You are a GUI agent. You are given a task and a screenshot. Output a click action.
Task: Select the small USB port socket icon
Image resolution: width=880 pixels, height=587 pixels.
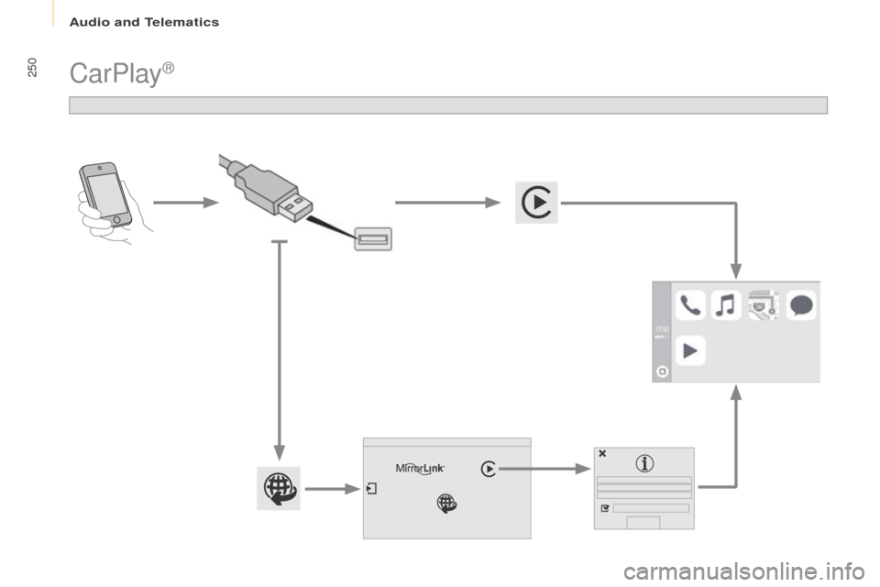(373, 240)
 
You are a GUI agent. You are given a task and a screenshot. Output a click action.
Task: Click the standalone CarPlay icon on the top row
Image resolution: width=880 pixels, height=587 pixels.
(535, 203)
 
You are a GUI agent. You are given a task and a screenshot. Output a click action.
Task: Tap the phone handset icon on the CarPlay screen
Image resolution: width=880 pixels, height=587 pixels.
(691, 305)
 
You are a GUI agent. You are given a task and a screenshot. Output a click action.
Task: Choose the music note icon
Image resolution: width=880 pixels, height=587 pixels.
(725, 305)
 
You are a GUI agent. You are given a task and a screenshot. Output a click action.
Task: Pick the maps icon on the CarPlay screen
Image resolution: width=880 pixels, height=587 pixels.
(763, 305)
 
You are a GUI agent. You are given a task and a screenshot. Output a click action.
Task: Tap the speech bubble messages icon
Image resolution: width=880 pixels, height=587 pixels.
(800, 305)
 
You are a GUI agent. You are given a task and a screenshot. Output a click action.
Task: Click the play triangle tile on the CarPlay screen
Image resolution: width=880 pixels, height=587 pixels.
(691, 349)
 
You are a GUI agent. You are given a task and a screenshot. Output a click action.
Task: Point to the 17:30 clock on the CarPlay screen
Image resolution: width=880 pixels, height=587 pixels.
(662, 328)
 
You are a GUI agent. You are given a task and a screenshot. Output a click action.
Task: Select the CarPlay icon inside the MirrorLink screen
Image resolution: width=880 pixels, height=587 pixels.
(489, 469)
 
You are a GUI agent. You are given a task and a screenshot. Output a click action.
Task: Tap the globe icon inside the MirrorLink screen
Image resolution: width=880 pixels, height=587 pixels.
(446, 503)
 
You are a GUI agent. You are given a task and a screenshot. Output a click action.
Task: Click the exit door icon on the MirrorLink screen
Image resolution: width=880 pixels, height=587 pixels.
(371, 489)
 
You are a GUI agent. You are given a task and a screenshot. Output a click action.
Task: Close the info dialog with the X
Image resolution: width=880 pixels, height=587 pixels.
(602, 453)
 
